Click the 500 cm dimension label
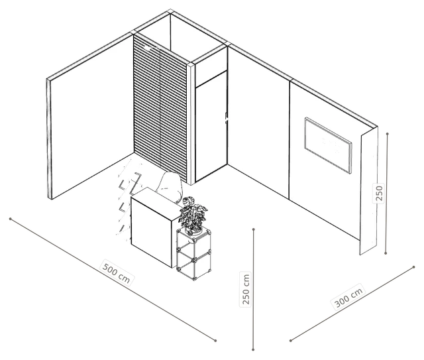point(117,272)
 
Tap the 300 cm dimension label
point(348,296)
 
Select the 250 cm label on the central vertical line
point(246,289)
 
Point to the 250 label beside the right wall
point(379,193)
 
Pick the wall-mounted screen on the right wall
point(328,145)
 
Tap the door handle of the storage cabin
point(226,118)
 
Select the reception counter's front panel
point(151,232)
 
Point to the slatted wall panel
point(160,107)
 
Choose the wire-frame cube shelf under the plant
point(193,253)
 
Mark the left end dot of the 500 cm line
point(11,219)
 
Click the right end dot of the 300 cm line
point(413,267)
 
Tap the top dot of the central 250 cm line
point(254,229)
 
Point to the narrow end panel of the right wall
point(369,190)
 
